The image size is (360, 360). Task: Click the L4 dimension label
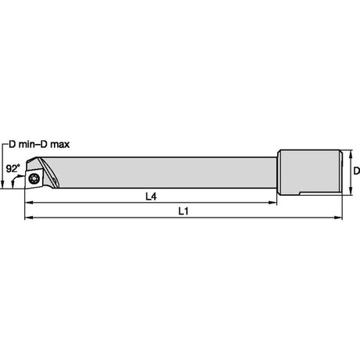pyautogui.click(x=151, y=196)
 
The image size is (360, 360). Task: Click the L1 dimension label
pyautogui.click(x=183, y=211)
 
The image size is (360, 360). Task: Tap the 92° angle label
pyautogui.click(x=13, y=168)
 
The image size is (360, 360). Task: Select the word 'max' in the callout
pyautogui.click(x=60, y=144)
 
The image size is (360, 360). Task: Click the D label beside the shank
pyautogui.click(x=357, y=171)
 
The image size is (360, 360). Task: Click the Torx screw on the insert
pyautogui.click(x=34, y=178)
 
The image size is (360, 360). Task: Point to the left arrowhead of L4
pyautogui.click(x=28, y=203)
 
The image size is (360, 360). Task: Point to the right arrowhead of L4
pyautogui.click(x=273, y=203)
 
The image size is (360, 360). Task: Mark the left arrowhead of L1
pyautogui.click(x=28, y=218)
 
